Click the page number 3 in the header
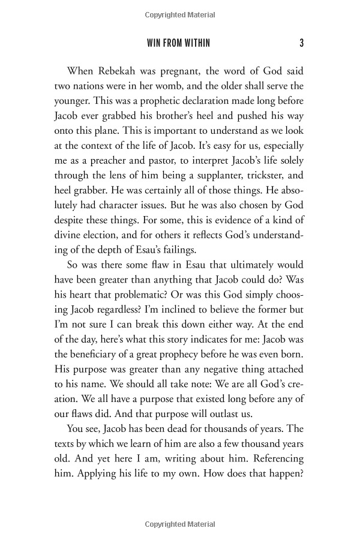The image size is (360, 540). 302,43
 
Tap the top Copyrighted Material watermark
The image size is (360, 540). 180,13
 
